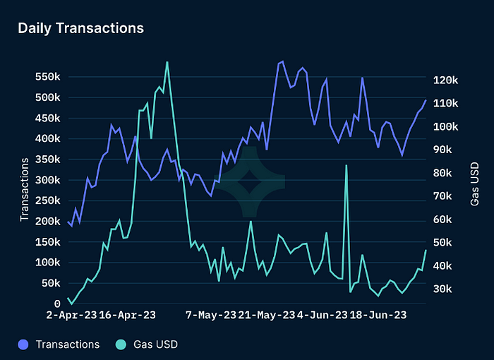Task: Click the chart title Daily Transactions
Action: tap(80, 28)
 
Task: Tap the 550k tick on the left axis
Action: tap(48, 76)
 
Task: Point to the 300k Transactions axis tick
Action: tap(48, 180)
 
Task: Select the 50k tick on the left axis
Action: tap(51, 283)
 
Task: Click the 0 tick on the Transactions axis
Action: tap(57, 304)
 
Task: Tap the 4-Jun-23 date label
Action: tap(323, 315)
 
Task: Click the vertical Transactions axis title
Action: tap(25, 189)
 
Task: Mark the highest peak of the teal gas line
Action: tap(167, 62)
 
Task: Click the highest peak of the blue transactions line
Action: tap(282, 61)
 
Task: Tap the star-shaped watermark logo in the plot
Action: tap(248, 183)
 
